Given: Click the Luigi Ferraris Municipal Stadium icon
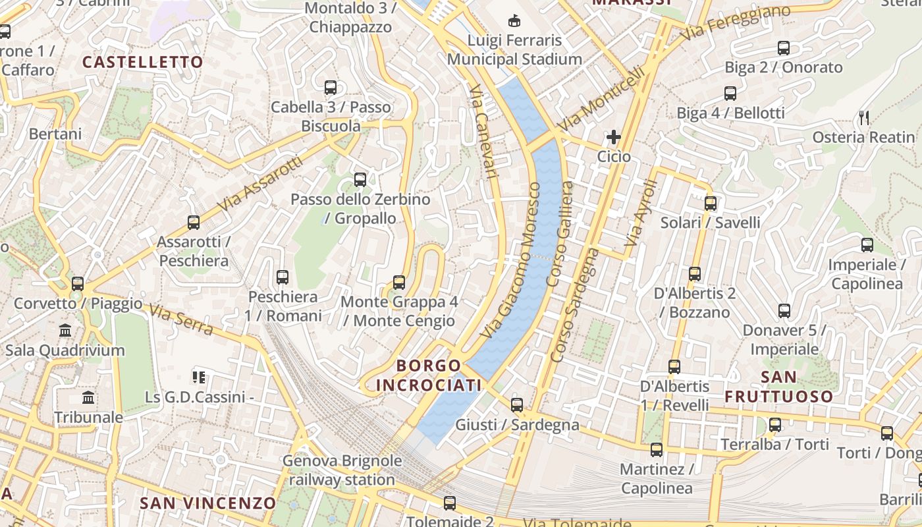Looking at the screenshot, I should [514, 22].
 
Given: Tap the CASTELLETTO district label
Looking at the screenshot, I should [143, 63].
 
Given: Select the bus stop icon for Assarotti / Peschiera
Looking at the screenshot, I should [193, 223].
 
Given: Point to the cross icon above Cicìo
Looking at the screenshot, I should [614, 137].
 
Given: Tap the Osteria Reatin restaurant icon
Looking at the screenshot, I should [864, 118].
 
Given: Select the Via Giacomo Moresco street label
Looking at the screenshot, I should [511, 260].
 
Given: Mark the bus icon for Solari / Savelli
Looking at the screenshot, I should [710, 204].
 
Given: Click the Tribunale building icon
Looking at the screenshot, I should [88, 398].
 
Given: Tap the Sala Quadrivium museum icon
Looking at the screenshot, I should [65, 331].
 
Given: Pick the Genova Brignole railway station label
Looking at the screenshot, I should [342, 470].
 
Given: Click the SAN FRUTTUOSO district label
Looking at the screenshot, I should [779, 387].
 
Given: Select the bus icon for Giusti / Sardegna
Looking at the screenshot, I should [517, 405].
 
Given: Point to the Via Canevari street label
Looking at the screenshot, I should [482, 132].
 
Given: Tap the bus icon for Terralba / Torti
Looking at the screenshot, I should [775, 425].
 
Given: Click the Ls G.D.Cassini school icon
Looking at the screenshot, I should [199, 377].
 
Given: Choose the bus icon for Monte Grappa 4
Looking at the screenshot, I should [398, 283].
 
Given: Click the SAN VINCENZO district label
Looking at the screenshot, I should [207, 503].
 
